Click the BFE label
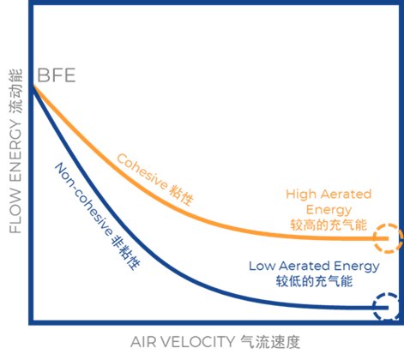57,75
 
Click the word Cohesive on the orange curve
142,171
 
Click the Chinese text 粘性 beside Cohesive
181,195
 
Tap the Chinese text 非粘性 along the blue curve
125,252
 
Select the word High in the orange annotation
301,195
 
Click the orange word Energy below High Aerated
329,210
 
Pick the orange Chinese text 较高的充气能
329,225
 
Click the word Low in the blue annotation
261,266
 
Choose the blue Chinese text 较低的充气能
314,281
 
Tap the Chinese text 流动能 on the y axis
15,92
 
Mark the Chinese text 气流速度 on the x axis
270,342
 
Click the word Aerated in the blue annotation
304,266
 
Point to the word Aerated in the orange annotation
346,195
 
